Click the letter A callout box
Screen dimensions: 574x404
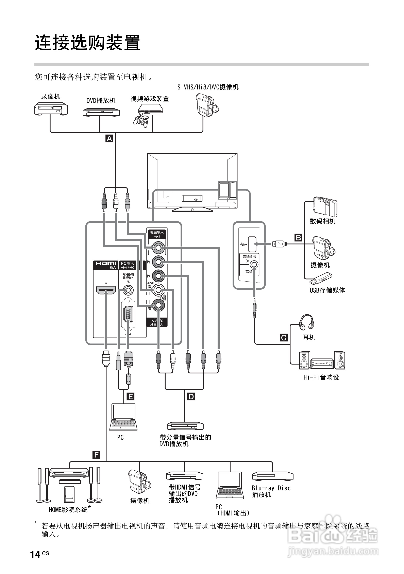(110, 138)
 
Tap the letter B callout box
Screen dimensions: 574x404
(298, 237)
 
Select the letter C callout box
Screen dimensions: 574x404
(284, 338)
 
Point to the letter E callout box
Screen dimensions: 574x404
(130, 396)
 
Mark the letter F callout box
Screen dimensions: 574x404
(96, 455)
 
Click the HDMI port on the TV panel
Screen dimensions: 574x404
(106, 290)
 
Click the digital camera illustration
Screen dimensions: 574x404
(325, 206)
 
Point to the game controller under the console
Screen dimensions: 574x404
(140, 121)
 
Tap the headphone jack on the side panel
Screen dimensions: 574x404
(254, 265)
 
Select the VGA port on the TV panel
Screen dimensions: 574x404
(128, 314)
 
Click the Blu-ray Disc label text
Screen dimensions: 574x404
(271, 488)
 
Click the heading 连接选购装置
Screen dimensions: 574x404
(87, 43)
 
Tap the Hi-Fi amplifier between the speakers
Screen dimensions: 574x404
(322, 363)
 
